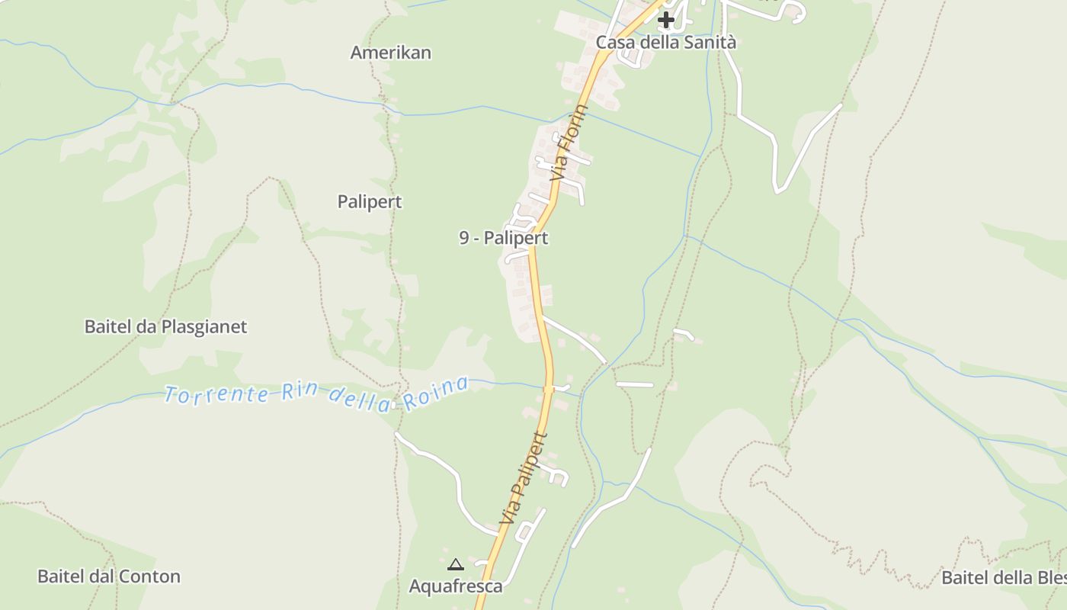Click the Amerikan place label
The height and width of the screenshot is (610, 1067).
(390, 53)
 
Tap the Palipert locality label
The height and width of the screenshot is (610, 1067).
(370, 202)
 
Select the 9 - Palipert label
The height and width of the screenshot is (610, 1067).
(503, 238)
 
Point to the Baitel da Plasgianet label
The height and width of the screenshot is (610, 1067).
(165, 327)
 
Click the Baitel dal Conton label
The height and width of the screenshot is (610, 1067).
(109, 576)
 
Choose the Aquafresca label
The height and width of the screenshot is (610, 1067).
(456, 586)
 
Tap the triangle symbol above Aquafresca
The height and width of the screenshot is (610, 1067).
(456, 565)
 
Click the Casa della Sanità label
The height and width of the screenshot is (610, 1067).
(665, 43)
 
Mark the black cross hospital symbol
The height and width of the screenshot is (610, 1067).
(666, 19)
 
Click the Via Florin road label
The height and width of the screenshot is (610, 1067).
(570, 143)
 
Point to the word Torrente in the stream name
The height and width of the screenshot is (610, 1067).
(216, 395)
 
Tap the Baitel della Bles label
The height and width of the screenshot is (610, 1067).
(1003, 578)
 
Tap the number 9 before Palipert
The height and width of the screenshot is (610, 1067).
(463, 238)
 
